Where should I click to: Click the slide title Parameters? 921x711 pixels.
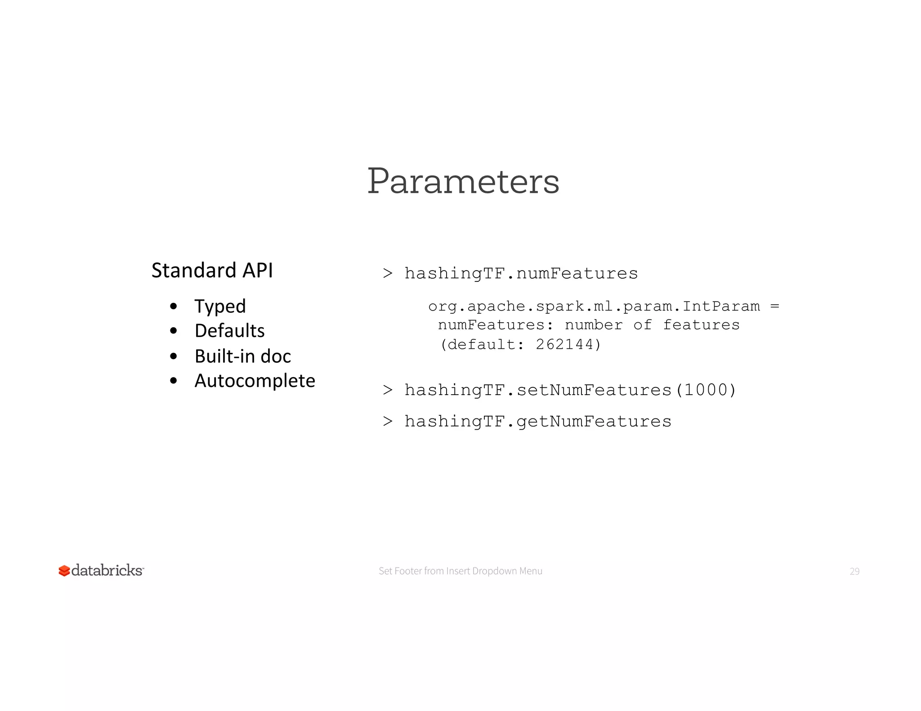coord(463,181)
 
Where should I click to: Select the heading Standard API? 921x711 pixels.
coord(212,271)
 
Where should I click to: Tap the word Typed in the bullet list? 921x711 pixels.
coord(220,307)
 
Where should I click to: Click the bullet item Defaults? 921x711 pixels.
coord(229,331)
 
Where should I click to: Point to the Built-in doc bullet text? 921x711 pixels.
coord(242,356)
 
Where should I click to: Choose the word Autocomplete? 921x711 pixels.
coord(255,381)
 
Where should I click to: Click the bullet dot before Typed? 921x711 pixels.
coord(174,307)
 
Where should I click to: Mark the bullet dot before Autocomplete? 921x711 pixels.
coord(174,381)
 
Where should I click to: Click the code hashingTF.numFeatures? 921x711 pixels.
coord(521,274)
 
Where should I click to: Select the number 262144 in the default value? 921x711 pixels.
coord(564,345)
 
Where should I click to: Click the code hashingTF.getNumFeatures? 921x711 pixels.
coord(537,422)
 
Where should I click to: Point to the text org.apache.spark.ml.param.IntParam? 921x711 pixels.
coord(594,307)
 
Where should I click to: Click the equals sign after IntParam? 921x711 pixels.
coord(774,307)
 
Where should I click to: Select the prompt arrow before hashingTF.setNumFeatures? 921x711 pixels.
coord(388,390)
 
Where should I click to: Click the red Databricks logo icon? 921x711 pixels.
coord(64,571)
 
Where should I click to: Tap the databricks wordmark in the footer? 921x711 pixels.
coord(107,570)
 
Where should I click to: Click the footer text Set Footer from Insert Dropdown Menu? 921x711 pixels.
coord(460,571)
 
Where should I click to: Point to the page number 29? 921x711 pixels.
coord(854,572)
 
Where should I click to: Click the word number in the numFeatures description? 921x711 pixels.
coord(594,325)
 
